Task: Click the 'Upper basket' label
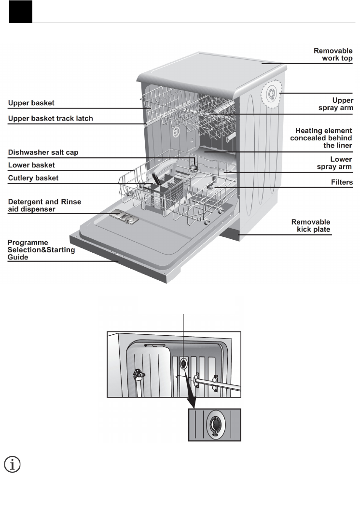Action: click(x=31, y=103)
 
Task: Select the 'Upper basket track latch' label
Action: click(x=51, y=118)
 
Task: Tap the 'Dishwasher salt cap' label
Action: click(x=43, y=152)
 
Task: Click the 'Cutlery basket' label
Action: click(x=33, y=178)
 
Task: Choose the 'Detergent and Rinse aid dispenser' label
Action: click(x=44, y=205)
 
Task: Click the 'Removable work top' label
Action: click(x=333, y=54)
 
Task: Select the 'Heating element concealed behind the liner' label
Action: click(x=321, y=138)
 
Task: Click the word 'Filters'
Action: click(x=342, y=183)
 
